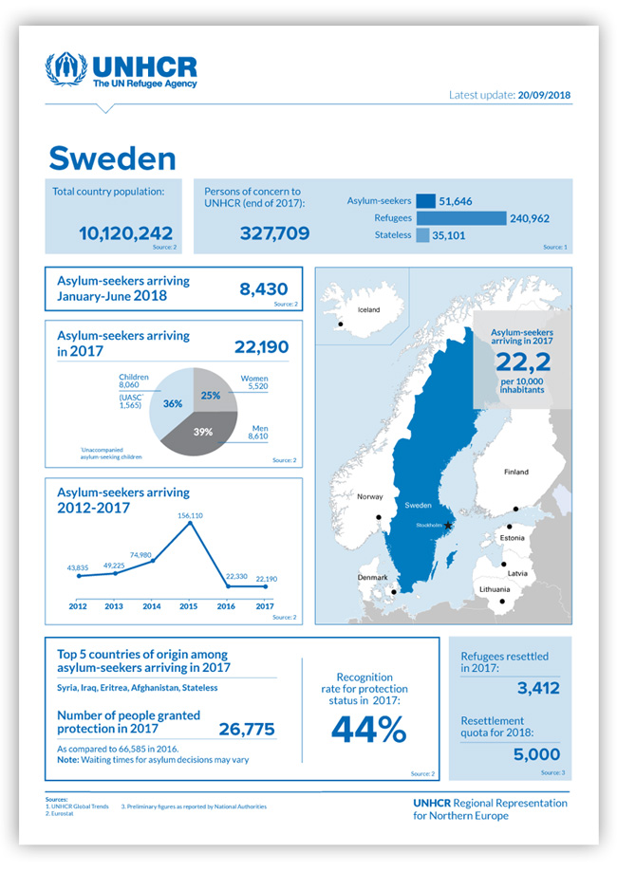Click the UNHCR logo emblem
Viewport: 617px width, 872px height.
click(x=66, y=70)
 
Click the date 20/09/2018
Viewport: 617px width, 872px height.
click(x=544, y=96)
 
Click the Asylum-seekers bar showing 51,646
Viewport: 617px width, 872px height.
click(x=425, y=201)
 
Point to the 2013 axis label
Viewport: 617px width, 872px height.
click(x=114, y=605)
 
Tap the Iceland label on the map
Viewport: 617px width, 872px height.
click(x=367, y=310)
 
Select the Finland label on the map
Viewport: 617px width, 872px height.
click(x=516, y=472)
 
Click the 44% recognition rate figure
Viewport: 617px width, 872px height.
click(x=368, y=729)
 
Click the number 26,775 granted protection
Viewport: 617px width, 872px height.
click(x=247, y=729)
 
